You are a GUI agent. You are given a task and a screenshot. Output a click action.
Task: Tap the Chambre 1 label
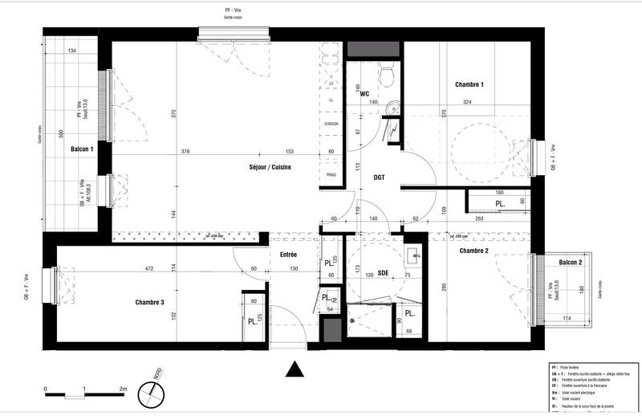coord(469,84)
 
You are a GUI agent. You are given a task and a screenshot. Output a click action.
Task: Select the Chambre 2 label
coord(474,251)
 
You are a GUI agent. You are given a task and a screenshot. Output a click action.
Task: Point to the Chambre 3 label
coord(150,303)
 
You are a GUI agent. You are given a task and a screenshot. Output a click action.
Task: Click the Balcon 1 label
coord(82,149)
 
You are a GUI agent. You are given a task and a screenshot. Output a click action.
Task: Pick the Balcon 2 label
coord(570,263)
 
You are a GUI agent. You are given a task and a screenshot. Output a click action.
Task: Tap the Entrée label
coord(288,255)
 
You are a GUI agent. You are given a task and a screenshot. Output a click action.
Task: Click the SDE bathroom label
coord(383,273)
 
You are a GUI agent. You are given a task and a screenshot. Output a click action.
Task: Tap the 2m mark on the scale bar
coord(123,389)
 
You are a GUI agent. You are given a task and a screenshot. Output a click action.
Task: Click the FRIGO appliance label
coord(330,175)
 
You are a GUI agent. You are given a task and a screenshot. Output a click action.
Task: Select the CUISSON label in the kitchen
coord(331,124)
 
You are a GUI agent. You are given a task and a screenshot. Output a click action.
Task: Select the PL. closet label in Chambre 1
coord(500,205)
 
